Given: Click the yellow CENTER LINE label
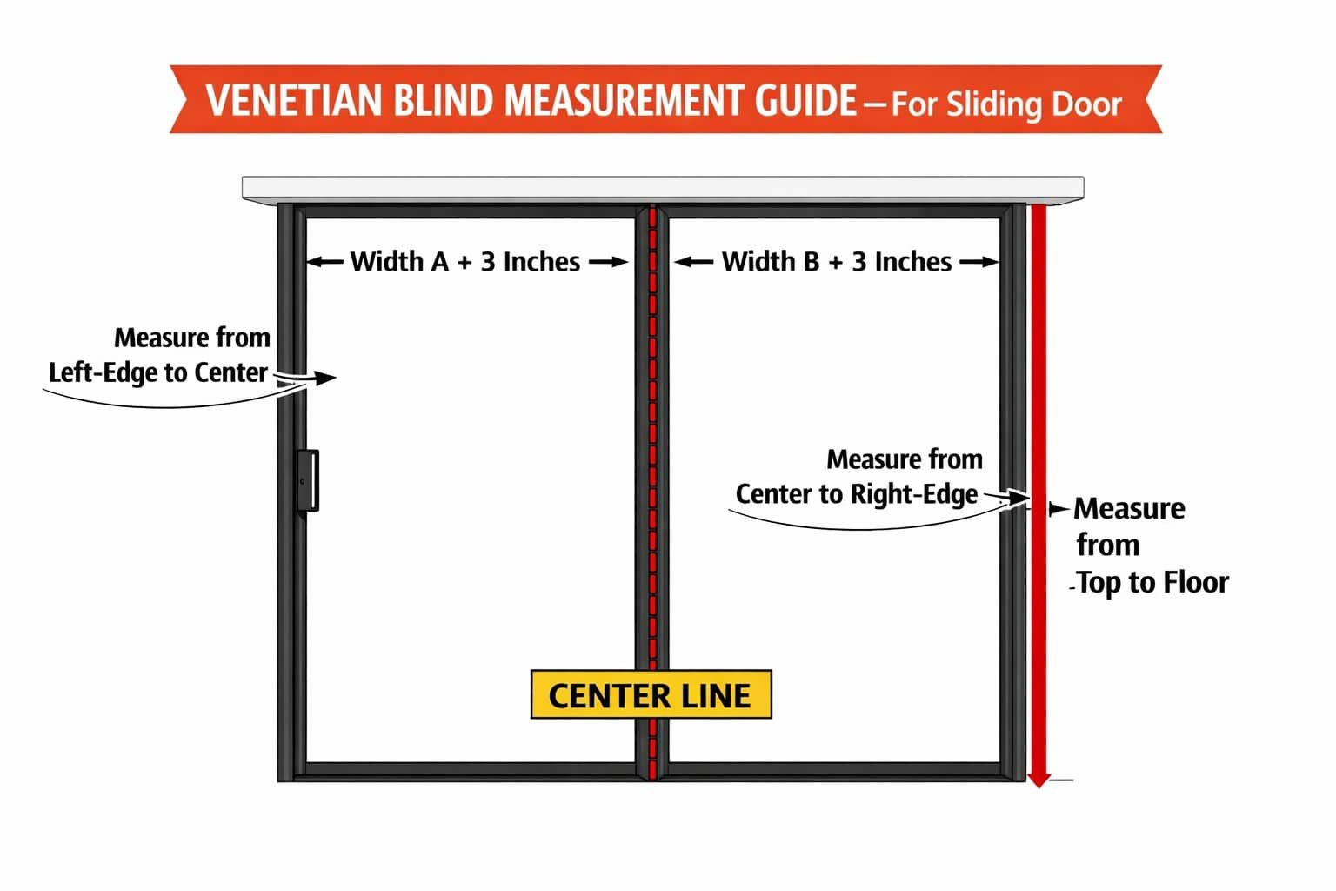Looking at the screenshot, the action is tap(651, 694).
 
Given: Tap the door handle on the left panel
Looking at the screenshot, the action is tap(309, 480).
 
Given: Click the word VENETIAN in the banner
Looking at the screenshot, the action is tap(293, 100).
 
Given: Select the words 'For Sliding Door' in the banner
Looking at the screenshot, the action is tap(1006, 104).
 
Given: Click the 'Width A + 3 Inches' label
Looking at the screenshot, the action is tap(464, 261).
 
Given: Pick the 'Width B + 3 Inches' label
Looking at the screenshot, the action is tap(836, 261).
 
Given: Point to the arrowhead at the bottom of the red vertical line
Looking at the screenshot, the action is tap(1039, 780).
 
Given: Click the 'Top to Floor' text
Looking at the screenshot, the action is tap(1152, 582).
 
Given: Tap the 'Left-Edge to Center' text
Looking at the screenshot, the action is tap(158, 372).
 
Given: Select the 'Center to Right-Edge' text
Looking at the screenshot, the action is tap(857, 494).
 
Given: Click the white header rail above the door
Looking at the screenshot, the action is tap(663, 189).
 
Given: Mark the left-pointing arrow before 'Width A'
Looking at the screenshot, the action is tap(325, 261).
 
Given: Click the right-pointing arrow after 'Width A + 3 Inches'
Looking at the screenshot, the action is tap(608, 261).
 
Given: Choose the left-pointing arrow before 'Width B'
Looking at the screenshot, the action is tap(693, 261).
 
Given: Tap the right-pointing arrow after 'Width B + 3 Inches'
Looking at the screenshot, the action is tap(979, 261).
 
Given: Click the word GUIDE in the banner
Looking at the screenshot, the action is tap(805, 100).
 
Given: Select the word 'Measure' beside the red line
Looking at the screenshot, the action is tap(1129, 508).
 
